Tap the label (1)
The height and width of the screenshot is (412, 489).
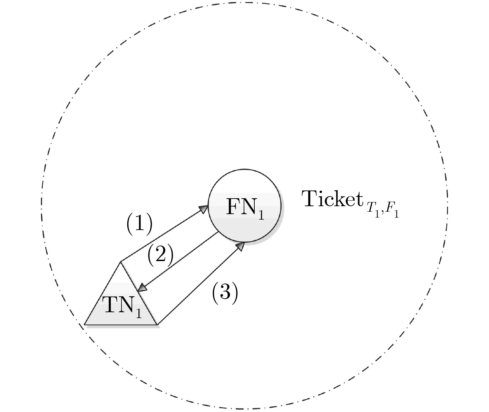pos(139,224)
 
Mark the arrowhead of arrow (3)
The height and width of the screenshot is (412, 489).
pos(241,246)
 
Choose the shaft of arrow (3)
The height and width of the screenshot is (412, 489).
pos(198,285)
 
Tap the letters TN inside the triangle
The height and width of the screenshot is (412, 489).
pos(117,305)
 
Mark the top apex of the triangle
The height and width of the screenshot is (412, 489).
pos(120,262)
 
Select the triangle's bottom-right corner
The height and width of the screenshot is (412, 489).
pos(157,324)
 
